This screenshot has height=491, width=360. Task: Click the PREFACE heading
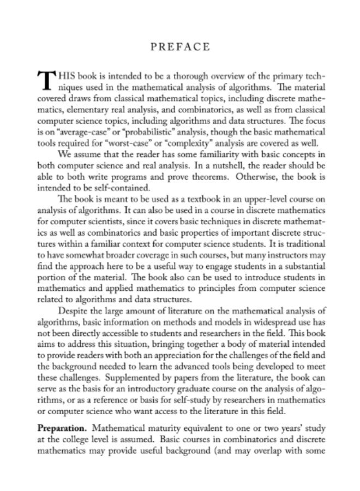click(179, 46)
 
